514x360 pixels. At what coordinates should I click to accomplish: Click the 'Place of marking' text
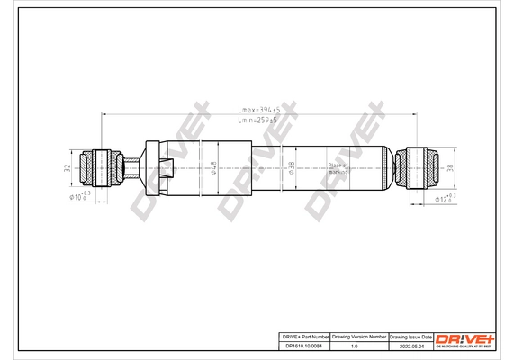(x=312, y=167)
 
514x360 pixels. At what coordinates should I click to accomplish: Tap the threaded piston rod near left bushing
(x=129, y=165)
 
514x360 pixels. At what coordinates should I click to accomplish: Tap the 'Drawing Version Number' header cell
(x=359, y=335)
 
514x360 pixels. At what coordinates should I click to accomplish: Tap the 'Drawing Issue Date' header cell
(x=410, y=335)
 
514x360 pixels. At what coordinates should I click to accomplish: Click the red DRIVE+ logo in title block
(x=465, y=337)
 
